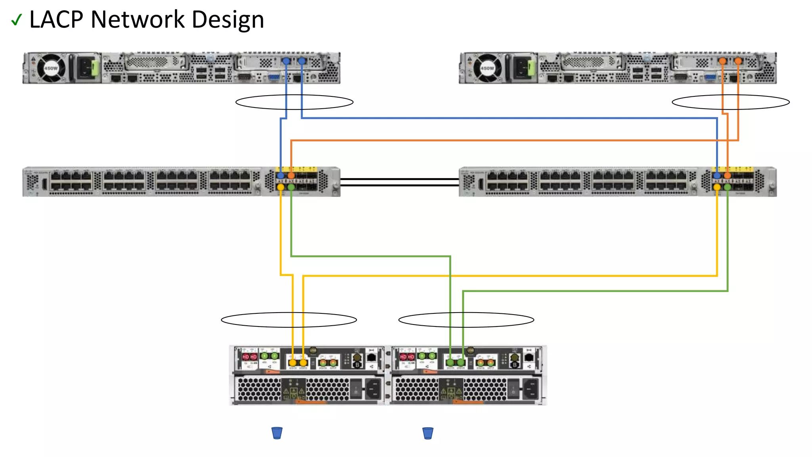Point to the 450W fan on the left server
(x=51, y=68)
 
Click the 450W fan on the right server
(x=487, y=68)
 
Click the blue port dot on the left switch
(x=281, y=175)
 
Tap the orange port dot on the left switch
(x=291, y=175)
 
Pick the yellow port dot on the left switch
(x=281, y=187)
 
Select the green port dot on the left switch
(x=291, y=187)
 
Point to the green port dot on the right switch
(x=727, y=187)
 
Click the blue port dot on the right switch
(x=717, y=175)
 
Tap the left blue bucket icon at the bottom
(x=277, y=433)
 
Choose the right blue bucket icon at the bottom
(x=428, y=433)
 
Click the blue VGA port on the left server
(x=274, y=77)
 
